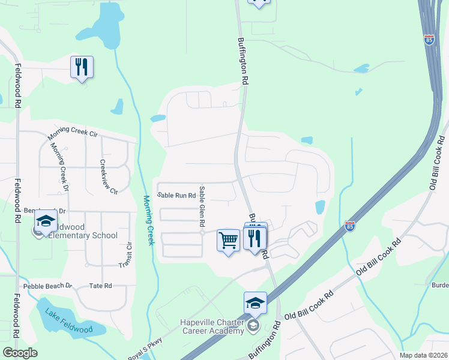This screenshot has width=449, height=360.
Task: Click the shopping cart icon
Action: click(228, 241)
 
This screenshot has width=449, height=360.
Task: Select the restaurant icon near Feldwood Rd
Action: click(82, 67)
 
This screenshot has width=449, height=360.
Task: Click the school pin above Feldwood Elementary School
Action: click(46, 221)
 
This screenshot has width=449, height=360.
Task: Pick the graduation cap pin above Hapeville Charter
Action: click(255, 304)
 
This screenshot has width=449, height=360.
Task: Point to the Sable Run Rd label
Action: click(176, 196)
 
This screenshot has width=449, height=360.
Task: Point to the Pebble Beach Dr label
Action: click(47, 286)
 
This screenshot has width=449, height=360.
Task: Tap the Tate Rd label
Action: click(100, 286)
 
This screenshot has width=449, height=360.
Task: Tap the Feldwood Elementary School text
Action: click(85, 232)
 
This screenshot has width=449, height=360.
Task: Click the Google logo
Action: click(20, 353)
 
